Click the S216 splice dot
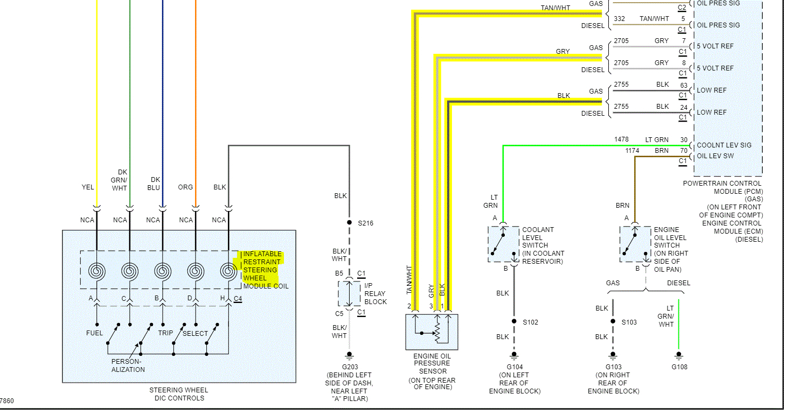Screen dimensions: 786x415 coord(349,222)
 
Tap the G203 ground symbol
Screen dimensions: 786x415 coord(349,356)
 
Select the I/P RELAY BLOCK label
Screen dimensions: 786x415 coord(375,294)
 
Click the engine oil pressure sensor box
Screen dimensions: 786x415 coord(432,332)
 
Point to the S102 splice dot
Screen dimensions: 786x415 coord(514,321)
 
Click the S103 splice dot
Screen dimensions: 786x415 coord(613,321)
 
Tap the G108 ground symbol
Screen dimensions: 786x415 coord(679,356)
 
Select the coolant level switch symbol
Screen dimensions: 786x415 coord(504,244)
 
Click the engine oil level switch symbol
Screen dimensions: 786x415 coord(635,244)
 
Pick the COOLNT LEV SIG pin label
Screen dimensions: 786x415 coord(724,145)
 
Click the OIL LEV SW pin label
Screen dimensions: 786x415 coord(715,156)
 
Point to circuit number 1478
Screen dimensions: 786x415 coord(621,139)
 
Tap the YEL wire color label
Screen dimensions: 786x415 coord(88,187)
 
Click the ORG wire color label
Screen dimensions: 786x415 coord(185,187)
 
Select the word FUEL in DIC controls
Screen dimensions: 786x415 coord(94,333)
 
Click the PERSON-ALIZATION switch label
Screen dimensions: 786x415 coord(128,365)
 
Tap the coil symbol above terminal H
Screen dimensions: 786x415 coord(228,271)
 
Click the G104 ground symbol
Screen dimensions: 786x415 coord(514,356)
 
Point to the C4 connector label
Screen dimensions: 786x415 coord(238,299)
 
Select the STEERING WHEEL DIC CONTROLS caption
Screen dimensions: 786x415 coord(179,394)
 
